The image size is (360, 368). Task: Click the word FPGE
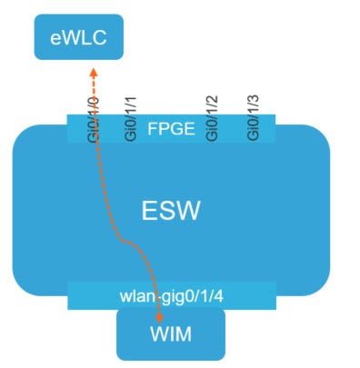(171, 128)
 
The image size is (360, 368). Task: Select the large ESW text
(170, 212)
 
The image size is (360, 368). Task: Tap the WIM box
(171, 335)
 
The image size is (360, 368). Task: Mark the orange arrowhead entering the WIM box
(161, 317)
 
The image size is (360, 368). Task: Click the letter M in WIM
(187, 335)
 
